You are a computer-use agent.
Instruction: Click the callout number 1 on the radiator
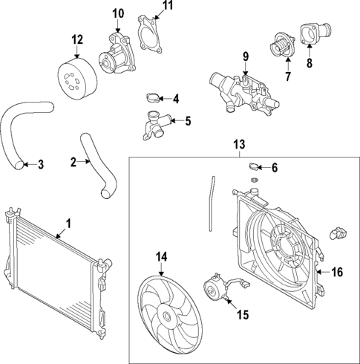68,222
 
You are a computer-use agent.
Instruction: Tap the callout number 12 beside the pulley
77,39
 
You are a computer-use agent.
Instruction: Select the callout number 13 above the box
239,143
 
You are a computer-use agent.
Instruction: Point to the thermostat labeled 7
281,46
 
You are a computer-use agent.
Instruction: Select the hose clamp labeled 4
151,97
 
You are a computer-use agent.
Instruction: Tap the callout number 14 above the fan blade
162,258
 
